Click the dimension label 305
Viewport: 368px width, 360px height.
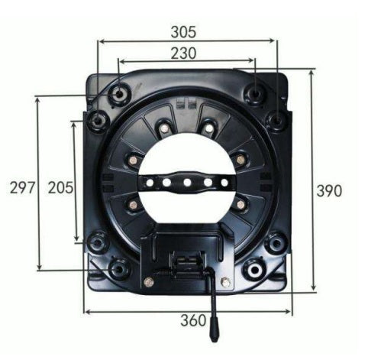183,31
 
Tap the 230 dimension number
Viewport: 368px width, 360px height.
183,53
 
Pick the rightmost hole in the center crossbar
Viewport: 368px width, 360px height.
224,182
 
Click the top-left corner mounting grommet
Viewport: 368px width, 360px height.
119,94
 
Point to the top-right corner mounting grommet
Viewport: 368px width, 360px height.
254,93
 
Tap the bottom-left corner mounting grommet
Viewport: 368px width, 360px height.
119,268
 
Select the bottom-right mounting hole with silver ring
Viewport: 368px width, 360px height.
254,268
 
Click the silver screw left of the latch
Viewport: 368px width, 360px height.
149,282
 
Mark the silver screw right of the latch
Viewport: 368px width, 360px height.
225,281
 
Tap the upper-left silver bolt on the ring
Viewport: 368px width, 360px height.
164,128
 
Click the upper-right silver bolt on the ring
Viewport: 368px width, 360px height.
208,128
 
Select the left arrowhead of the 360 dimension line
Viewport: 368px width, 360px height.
86,311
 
